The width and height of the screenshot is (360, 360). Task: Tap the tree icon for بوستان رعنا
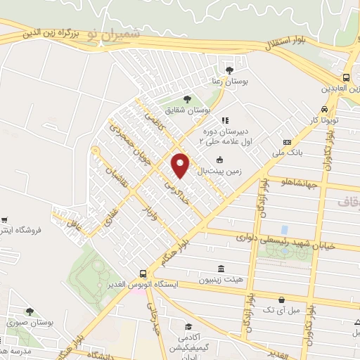229,70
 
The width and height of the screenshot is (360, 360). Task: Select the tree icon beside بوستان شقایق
186,99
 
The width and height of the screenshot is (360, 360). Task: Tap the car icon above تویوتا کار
323,110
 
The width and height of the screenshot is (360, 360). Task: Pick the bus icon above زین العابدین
347,78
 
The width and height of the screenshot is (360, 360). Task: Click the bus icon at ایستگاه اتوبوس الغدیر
143,274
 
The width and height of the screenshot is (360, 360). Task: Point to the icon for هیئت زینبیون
221,269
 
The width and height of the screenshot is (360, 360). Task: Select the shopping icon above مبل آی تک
281,299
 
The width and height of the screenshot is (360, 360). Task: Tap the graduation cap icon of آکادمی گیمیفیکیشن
188,327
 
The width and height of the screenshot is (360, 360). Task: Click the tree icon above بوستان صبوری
30,311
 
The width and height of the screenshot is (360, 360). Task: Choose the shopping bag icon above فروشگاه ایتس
5,220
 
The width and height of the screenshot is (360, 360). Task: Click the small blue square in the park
284,230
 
